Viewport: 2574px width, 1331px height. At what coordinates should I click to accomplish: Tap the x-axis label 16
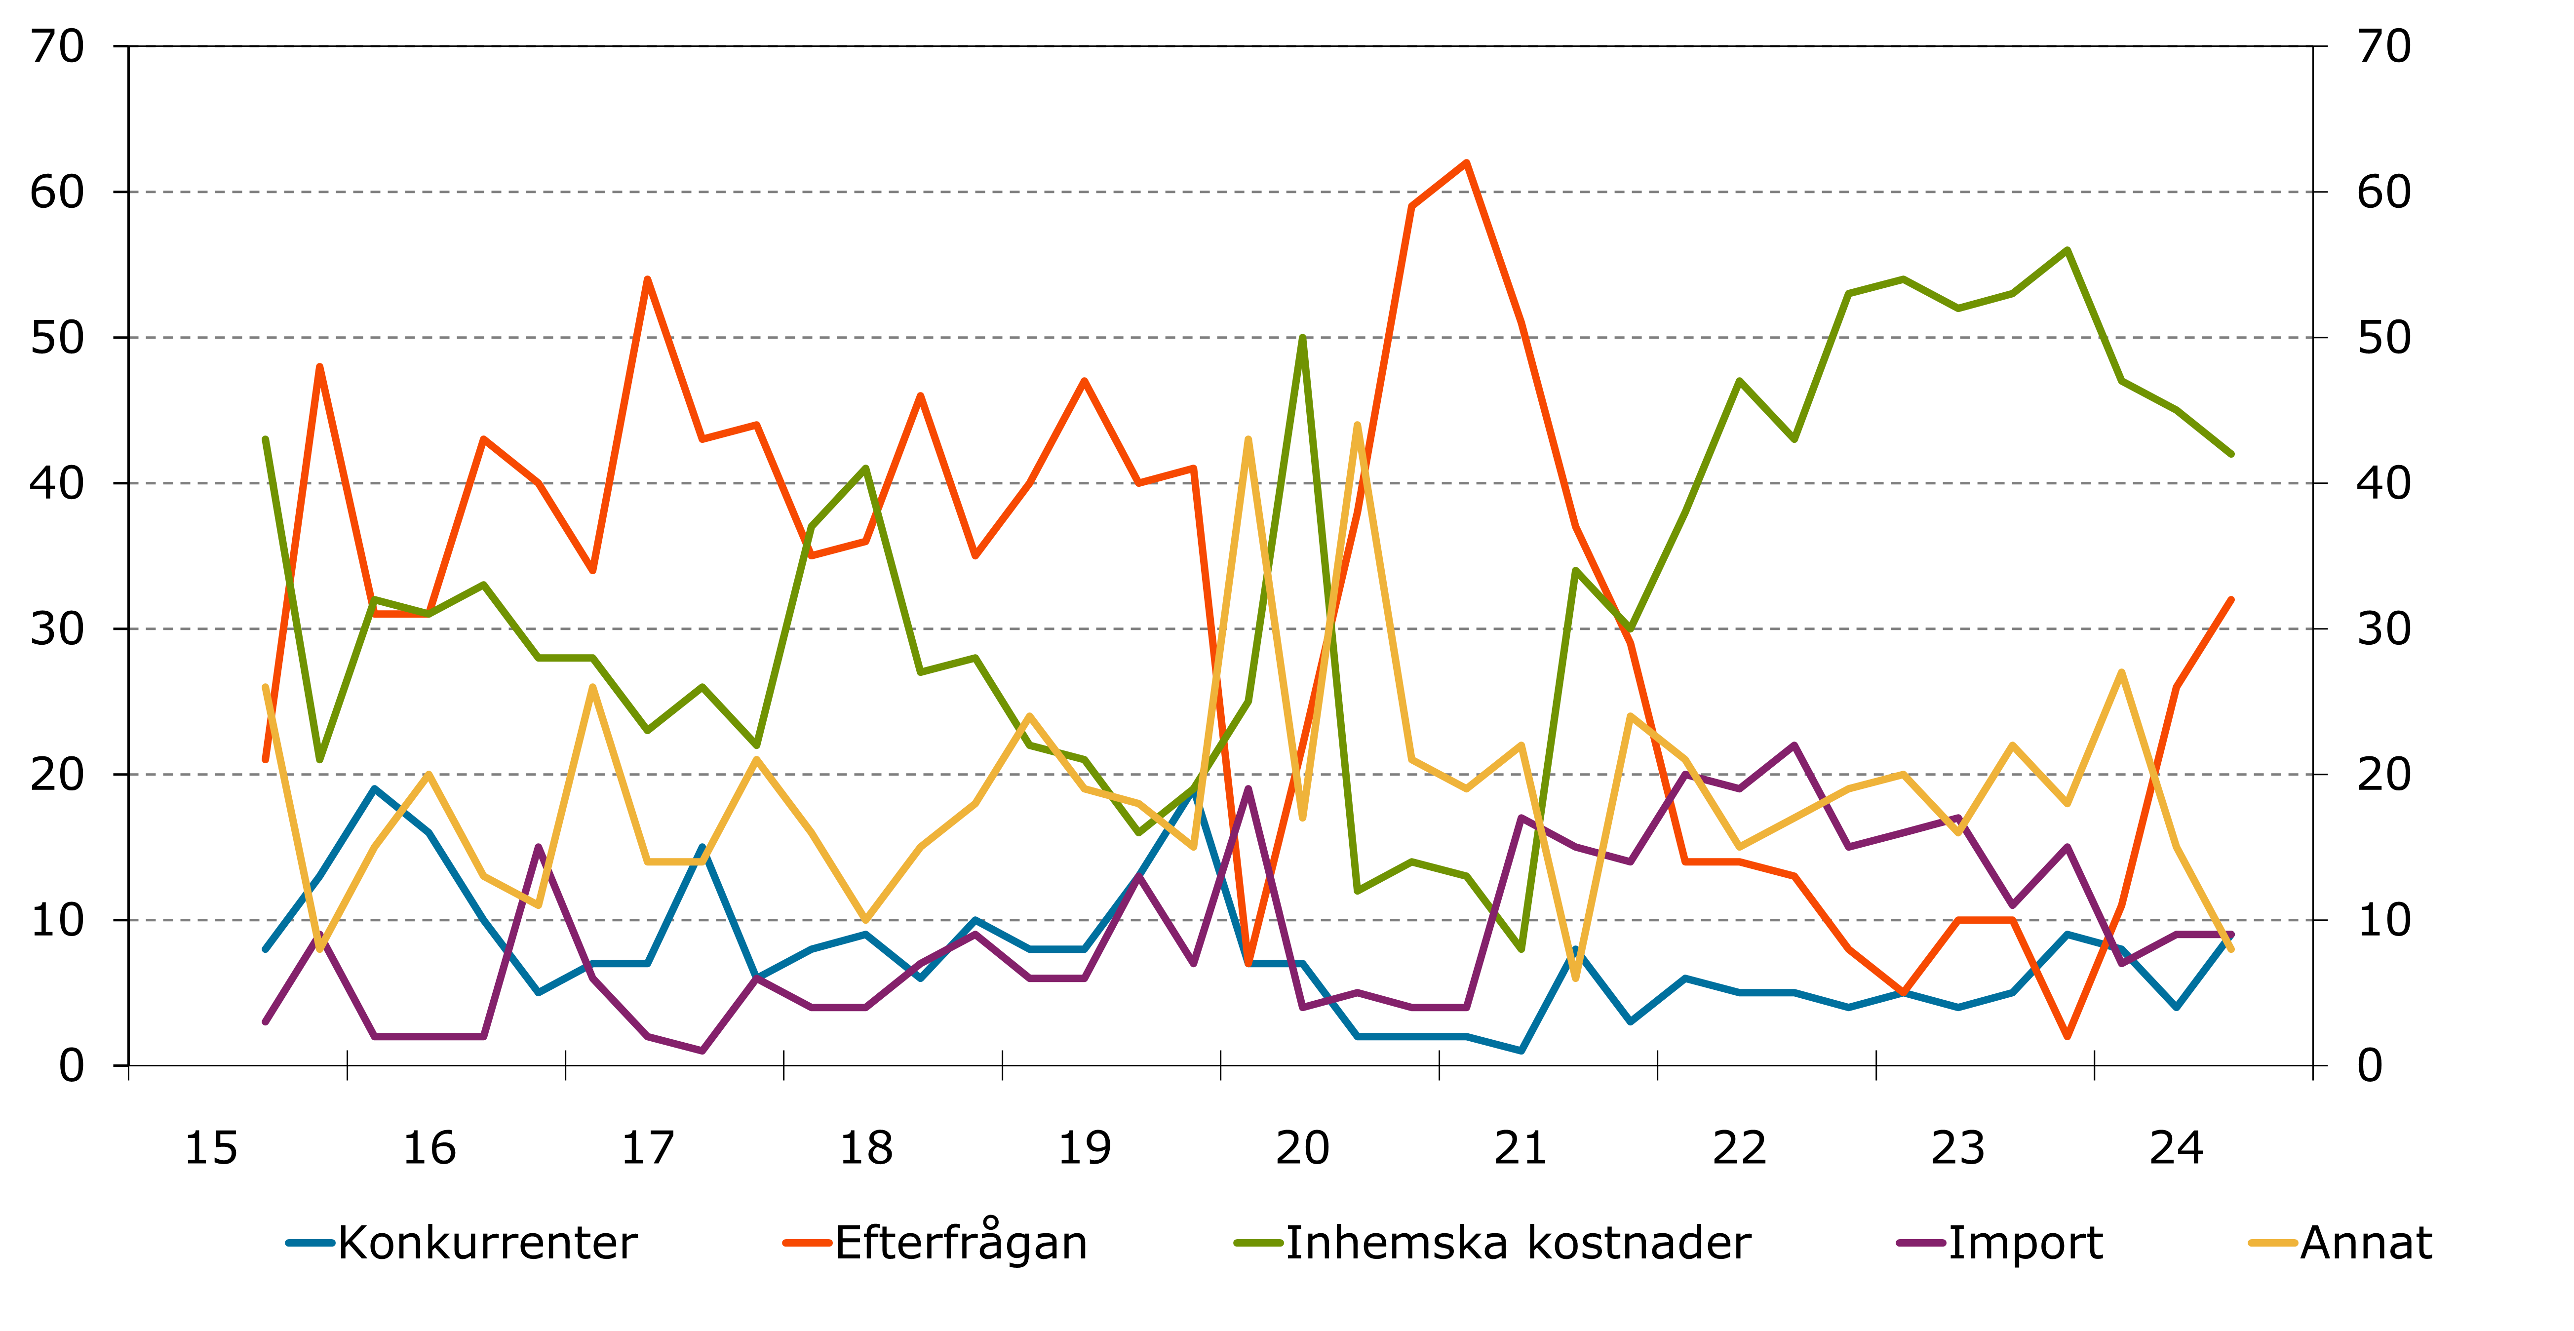pos(429,1145)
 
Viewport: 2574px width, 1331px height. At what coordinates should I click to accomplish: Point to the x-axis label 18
pos(866,1145)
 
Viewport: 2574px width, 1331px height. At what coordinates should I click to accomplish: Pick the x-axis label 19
pos(1085,1145)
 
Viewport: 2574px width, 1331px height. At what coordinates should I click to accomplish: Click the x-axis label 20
pos(1303,1145)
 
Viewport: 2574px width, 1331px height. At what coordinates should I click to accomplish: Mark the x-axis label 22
pos(1740,1145)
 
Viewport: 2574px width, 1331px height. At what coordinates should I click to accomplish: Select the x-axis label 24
pos(2176,1145)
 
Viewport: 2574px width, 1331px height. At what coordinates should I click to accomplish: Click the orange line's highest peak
pos(1466,163)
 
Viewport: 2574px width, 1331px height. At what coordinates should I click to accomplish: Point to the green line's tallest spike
pos(1303,338)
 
